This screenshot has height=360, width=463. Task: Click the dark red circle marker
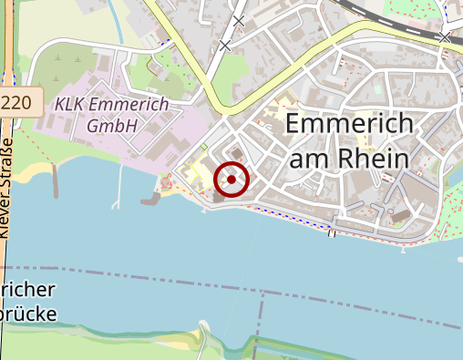231,180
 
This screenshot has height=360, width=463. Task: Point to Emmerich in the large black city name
349,125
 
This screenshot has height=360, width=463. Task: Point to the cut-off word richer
29,292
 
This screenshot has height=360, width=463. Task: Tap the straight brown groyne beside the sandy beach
55,183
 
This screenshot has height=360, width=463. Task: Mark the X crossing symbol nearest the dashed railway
444,37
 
